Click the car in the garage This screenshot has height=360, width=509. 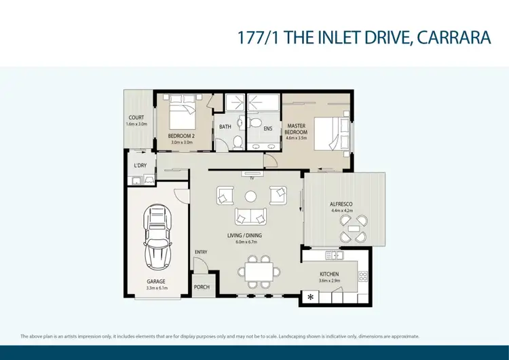click(x=156, y=238)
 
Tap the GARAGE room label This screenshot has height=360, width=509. click(x=156, y=281)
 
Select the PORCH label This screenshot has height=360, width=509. click(x=202, y=287)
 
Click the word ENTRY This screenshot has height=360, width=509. click(x=201, y=253)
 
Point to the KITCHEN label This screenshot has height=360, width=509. click(x=329, y=274)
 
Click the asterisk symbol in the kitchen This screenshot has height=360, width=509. click(x=311, y=297)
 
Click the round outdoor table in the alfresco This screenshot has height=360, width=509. click(x=354, y=229)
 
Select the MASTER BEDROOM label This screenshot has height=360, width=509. click(x=297, y=128)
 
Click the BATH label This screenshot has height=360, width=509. click(x=225, y=127)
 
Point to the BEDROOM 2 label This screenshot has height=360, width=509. click(x=181, y=136)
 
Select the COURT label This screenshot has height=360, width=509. click(x=136, y=118)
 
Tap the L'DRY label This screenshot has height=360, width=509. click(x=140, y=165)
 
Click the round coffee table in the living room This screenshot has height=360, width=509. click(x=250, y=197)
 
